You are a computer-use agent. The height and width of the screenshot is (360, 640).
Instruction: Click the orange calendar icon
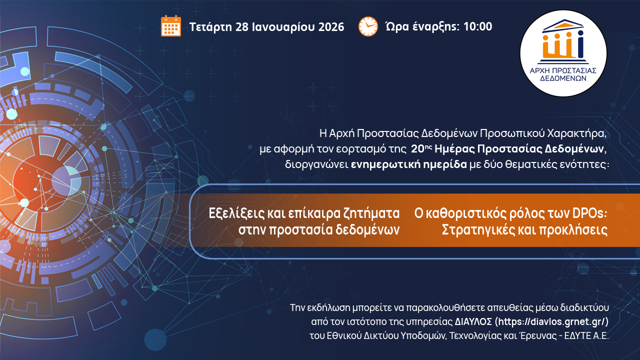click(171, 26)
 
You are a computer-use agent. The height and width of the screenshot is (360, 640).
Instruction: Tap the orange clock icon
click(368, 26)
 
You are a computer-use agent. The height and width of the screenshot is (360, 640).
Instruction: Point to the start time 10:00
click(477, 26)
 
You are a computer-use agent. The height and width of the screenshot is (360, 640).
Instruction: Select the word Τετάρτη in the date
click(210, 27)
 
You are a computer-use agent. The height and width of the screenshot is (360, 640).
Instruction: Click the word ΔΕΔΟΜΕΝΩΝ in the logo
click(563, 78)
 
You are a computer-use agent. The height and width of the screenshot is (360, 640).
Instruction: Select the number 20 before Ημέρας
click(417, 149)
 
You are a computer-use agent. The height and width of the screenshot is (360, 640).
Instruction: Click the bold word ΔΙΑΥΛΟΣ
click(473, 321)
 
